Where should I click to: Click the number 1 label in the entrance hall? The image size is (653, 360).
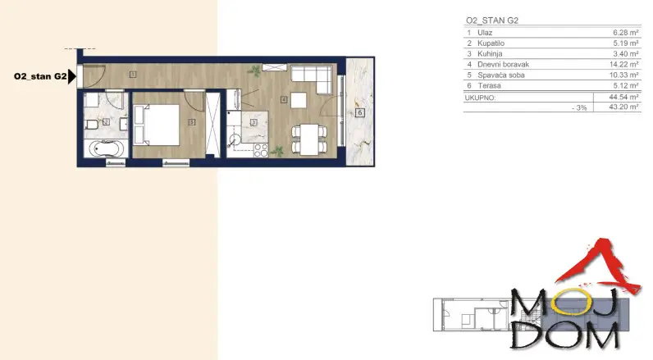click(132, 75)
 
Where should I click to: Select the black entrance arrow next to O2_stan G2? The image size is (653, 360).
click(73, 77)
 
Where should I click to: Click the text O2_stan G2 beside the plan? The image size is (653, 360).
click(39, 77)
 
